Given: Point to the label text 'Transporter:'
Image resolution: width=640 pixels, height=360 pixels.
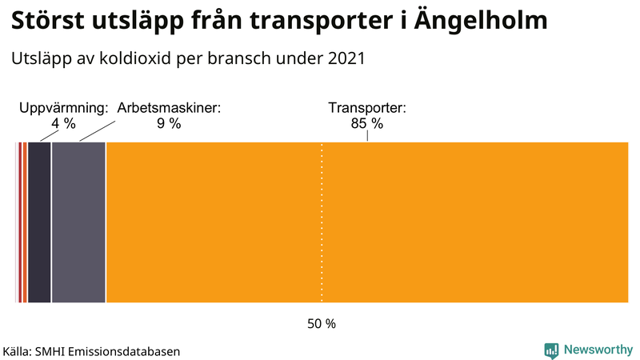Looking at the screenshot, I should click(x=367, y=107).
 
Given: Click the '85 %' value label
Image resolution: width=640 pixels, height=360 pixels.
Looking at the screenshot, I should click(x=367, y=123).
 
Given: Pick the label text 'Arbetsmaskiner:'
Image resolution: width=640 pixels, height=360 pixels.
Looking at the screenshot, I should click(x=169, y=107).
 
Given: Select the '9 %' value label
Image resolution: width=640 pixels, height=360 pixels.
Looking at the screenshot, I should click(x=169, y=123).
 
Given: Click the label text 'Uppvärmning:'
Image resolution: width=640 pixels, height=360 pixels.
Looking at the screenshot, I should click(x=63, y=107).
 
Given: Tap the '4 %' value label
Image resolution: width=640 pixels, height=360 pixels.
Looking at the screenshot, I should click(x=63, y=123).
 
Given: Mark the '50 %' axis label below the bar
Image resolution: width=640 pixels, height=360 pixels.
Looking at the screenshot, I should click(x=322, y=324).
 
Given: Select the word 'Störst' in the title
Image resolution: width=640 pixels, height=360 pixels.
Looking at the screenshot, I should click(x=49, y=21).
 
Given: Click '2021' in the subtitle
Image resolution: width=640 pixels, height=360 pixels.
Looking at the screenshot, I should click(x=345, y=58).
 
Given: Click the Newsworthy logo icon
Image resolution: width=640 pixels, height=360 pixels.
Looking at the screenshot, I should click(x=551, y=350).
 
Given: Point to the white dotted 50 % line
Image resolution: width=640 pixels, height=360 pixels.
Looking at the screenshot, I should click(x=322, y=240).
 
